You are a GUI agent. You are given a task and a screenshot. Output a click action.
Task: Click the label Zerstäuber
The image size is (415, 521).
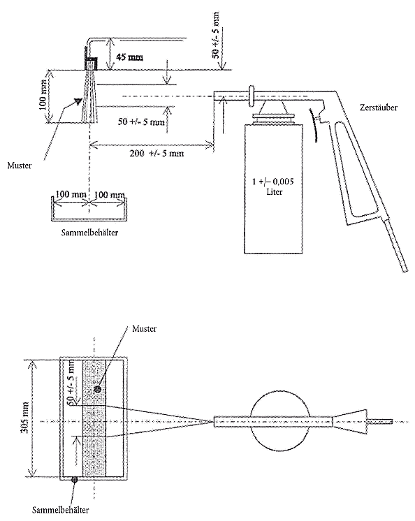click(379, 108)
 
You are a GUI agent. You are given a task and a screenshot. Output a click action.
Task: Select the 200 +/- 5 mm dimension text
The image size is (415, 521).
click(156, 154)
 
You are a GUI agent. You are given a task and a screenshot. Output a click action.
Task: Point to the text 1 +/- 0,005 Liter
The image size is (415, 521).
click(274, 186)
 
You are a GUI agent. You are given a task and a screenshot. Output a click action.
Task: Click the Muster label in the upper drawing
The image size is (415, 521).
click(20, 166)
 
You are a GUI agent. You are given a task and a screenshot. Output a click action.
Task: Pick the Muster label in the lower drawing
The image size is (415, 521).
click(144, 329)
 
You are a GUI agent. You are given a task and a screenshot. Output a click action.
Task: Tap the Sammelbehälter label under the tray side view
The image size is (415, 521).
click(89, 233)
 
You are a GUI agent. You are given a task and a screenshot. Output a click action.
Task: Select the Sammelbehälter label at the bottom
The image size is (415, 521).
click(61, 509)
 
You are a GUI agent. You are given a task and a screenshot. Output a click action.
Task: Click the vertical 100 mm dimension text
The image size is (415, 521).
click(43, 96)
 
